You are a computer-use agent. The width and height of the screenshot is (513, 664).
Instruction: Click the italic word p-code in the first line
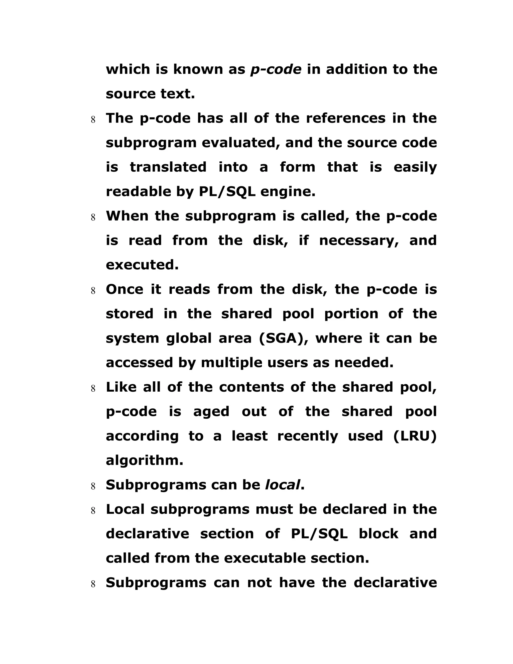(x=276, y=70)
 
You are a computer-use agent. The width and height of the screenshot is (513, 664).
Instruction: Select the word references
(x=345, y=118)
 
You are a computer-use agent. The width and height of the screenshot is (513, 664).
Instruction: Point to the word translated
(x=168, y=167)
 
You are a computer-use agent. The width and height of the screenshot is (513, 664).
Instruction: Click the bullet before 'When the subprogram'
(x=93, y=218)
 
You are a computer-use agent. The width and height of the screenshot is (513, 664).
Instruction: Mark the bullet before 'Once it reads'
(x=93, y=291)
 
